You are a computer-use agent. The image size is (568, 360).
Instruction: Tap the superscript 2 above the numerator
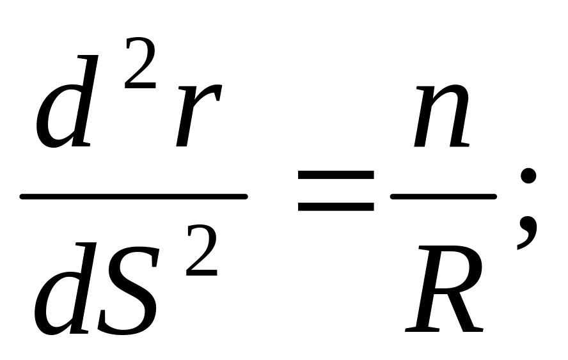tap(141, 63)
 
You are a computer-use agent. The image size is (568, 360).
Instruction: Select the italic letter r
tap(198, 116)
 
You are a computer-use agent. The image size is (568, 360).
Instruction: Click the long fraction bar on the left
tap(134, 197)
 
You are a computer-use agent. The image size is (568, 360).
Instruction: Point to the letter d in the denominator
tap(65, 290)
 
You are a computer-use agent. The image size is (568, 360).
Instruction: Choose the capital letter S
tap(129, 290)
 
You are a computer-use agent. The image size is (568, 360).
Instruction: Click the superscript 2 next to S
tap(201, 251)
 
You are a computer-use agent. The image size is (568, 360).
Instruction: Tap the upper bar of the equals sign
tap(336, 175)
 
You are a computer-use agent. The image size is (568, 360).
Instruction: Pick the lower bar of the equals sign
tap(336, 206)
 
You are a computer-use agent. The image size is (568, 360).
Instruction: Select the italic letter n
tap(442, 116)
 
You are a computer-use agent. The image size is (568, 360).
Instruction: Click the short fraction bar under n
tap(443, 197)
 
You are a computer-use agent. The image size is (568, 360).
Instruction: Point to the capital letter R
tap(444, 288)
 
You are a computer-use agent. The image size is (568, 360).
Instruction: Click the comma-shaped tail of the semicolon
tap(527, 231)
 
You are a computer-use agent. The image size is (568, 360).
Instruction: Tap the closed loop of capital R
tap(457, 268)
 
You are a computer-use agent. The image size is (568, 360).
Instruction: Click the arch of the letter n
tap(451, 94)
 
